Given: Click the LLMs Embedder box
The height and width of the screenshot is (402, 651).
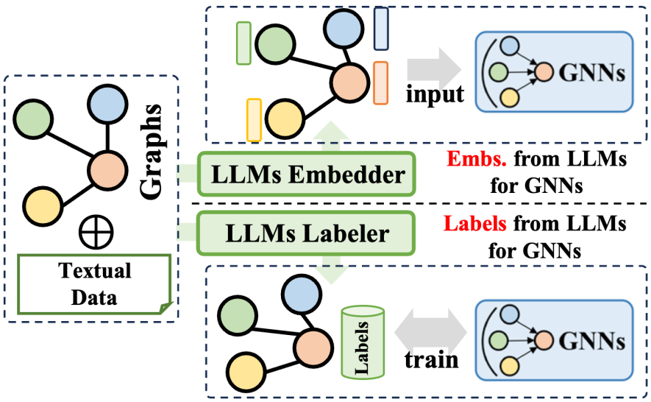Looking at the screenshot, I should (307, 175).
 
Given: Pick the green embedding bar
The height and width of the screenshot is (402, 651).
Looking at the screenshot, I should (244, 42).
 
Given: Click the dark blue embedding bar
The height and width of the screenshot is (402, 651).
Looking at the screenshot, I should (382, 28).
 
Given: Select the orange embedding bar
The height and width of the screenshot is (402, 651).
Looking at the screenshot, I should (381, 82).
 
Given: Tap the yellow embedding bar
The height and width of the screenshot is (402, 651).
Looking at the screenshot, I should (255, 119).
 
